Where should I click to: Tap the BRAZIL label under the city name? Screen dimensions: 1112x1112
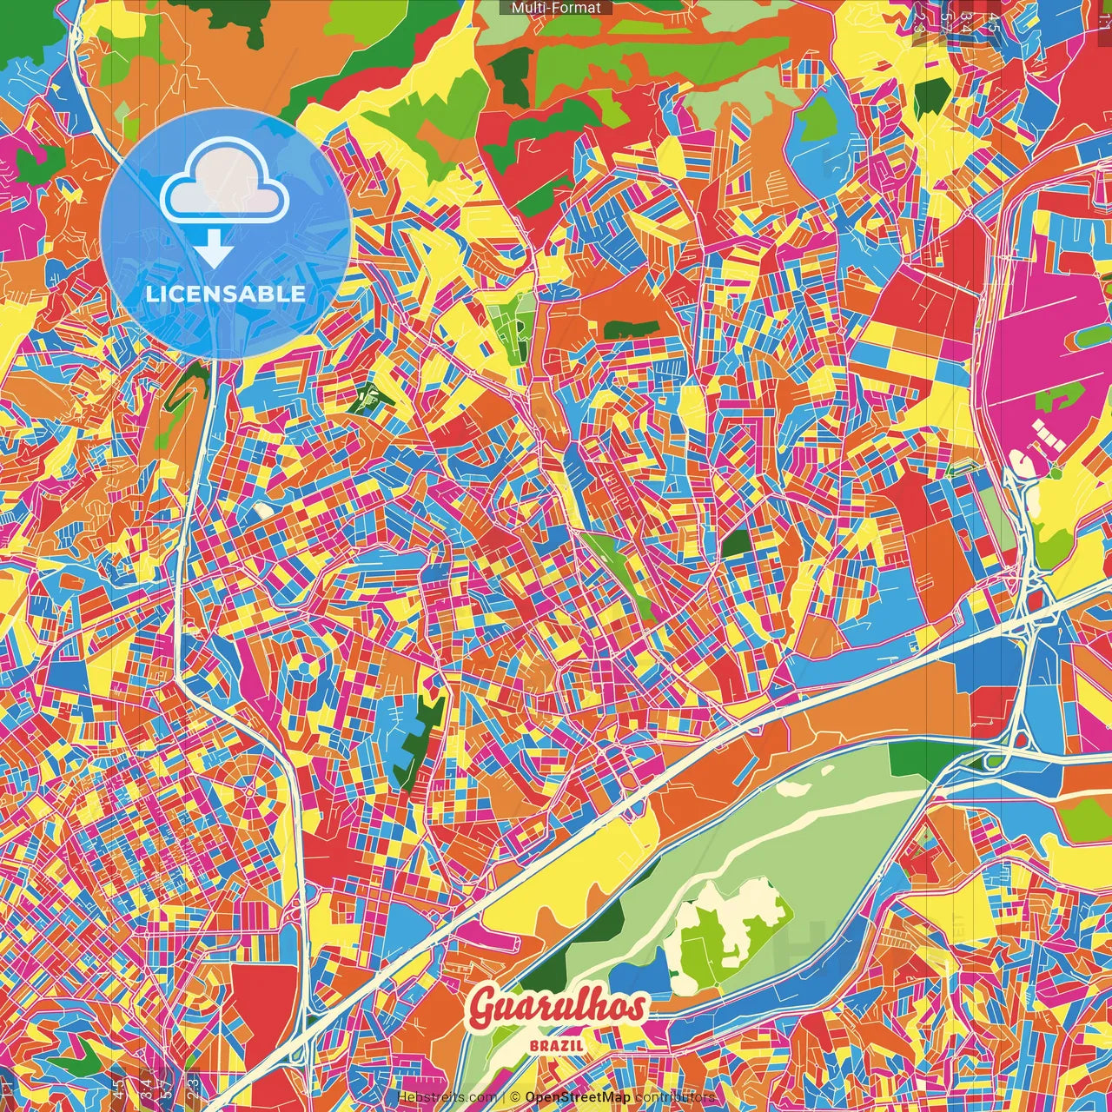click(557, 1046)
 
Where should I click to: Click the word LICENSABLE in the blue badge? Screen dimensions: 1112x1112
click(225, 294)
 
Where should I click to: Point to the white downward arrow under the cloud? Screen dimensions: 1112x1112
click(214, 250)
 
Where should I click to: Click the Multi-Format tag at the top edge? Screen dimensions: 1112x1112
click(556, 8)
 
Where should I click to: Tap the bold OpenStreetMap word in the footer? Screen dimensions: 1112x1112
click(578, 1098)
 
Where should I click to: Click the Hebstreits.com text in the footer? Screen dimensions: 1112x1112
click(447, 1098)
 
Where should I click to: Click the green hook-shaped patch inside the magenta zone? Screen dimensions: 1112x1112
click(1055, 399)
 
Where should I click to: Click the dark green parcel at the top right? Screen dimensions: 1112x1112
click(930, 98)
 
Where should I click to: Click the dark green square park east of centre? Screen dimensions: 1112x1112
click(737, 543)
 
